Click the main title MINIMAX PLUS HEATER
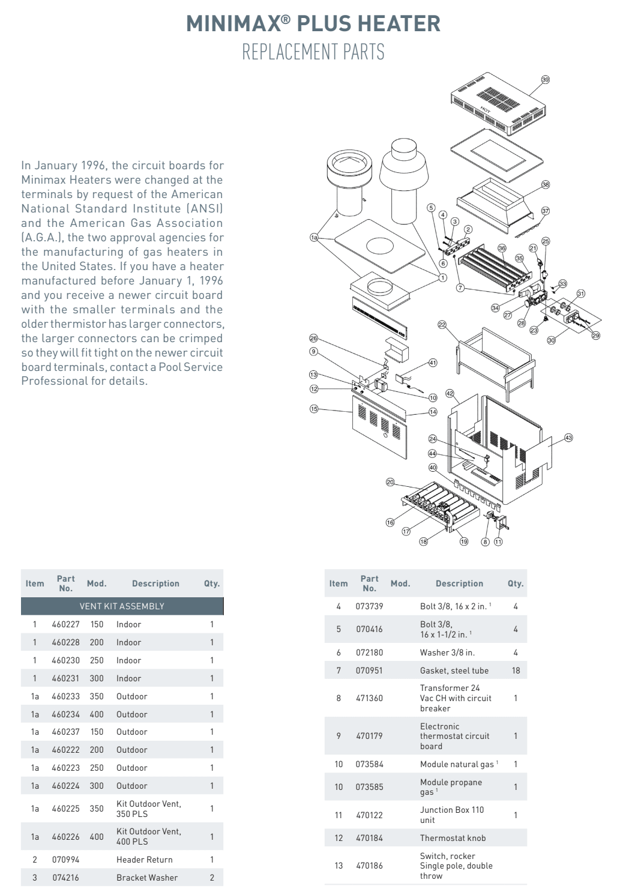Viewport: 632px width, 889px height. (313, 23)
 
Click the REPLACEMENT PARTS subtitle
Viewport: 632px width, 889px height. (313, 52)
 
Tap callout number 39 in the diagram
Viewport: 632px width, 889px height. (545, 80)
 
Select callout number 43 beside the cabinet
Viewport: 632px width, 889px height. (568, 438)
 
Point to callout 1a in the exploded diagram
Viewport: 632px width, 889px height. (314, 238)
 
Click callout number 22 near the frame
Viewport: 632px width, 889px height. (442, 325)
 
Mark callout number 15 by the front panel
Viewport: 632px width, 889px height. (313, 409)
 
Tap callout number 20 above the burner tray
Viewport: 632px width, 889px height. (390, 482)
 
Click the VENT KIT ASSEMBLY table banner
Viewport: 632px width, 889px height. (122, 606)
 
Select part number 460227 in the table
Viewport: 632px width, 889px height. (65, 624)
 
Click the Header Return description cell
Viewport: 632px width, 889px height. (144, 860)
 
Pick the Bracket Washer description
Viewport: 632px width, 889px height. (147, 878)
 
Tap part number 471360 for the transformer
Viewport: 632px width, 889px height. (369, 698)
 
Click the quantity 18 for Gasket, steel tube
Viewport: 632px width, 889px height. (516, 671)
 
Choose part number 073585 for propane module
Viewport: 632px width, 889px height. (369, 787)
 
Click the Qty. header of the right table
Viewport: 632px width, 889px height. (515, 583)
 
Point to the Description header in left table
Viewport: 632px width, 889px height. (155, 583)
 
